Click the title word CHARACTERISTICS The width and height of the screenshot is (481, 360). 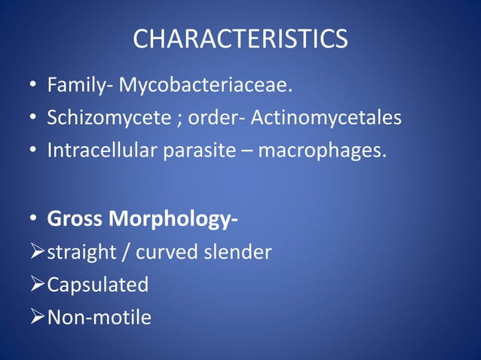pos(240,39)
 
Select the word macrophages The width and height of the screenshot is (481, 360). pos(321,151)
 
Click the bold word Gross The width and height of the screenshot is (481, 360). pos(75,219)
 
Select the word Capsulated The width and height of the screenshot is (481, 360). pos(97,285)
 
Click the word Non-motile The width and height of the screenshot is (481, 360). pos(99,317)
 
